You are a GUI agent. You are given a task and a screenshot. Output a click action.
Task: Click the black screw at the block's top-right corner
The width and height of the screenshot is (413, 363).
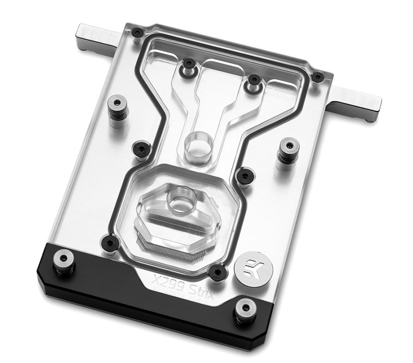(x=317, y=76)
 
